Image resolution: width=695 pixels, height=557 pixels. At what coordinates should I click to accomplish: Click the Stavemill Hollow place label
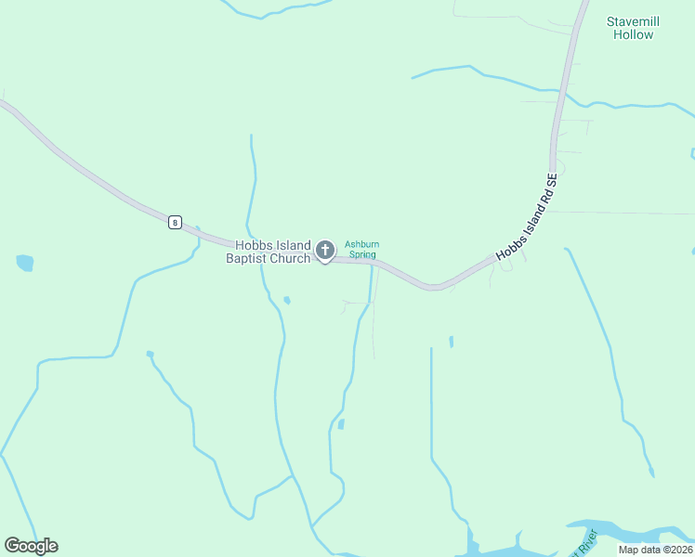(632, 28)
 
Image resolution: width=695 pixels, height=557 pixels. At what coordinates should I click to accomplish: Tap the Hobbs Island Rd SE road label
(526, 216)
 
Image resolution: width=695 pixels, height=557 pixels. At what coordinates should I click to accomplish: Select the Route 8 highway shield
(175, 222)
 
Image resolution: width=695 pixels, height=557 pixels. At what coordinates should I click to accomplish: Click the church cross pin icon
(325, 250)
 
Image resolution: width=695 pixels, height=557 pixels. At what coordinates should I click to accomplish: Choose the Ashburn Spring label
(361, 250)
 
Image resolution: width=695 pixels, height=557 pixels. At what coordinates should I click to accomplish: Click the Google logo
(31, 546)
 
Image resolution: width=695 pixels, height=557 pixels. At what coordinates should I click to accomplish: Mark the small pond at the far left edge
(24, 263)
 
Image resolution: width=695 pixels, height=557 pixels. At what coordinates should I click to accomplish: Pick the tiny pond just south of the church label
(287, 300)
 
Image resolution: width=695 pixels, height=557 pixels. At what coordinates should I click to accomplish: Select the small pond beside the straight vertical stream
(451, 342)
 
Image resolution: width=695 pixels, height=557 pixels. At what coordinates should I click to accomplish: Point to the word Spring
(361, 254)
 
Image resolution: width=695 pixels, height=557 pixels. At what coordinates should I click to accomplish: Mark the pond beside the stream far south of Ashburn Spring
(341, 424)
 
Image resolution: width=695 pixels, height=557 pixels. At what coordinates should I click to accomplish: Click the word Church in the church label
(287, 258)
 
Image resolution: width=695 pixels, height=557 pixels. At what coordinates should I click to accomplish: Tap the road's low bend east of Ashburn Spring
(432, 286)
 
